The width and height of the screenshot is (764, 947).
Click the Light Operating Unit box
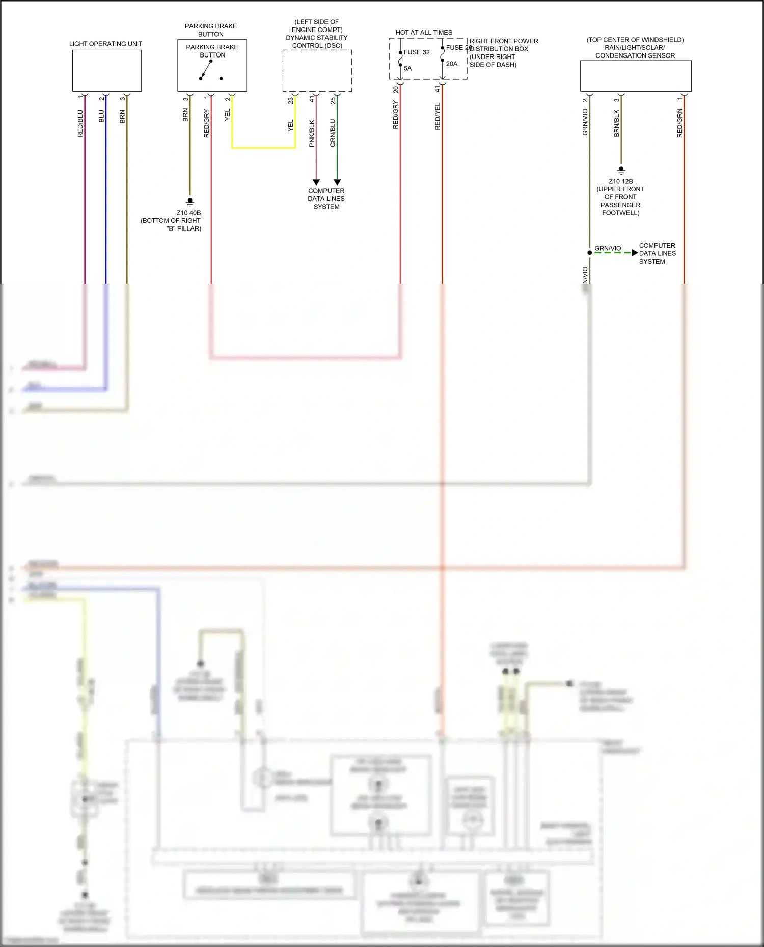coord(107,71)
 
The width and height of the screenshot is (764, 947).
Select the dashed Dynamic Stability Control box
coord(317,71)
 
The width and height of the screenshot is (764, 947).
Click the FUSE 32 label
coord(417,52)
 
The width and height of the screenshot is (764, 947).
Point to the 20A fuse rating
coord(452,64)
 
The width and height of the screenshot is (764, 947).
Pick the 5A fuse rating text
coord(408,68)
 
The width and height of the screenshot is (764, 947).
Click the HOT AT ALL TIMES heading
coord(424,33)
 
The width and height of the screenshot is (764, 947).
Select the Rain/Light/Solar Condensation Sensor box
coord(636,76)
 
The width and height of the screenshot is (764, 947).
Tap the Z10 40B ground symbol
coord(190,202)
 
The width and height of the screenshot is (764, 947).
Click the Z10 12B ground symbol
coord(621,170)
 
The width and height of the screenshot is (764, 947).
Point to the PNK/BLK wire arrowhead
coord(316,182)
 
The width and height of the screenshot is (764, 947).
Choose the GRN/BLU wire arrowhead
coord(337,182)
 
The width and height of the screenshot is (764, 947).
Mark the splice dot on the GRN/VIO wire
coord(590,253)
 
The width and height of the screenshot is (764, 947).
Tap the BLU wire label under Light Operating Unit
coord(101,116)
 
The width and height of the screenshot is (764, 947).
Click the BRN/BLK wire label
coord(616,123)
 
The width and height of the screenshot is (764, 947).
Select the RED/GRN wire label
coord(679,123)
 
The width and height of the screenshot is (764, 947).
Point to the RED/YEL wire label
coord(438,116)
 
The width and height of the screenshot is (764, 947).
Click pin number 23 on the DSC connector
coord(291,101)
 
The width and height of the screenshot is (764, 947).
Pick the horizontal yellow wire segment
coord(264,148)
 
